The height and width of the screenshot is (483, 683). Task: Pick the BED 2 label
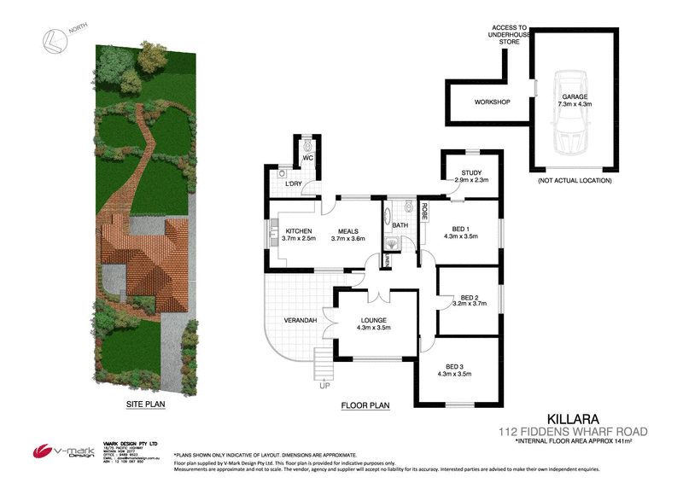point(468,296)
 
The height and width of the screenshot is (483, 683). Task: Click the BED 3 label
point(453,368)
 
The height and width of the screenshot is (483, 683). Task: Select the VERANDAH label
point(301,320)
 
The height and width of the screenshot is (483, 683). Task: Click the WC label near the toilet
point(309,158)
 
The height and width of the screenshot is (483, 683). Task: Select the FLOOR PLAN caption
point(365,407)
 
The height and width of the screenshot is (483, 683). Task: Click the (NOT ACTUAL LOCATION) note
point(575,181)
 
